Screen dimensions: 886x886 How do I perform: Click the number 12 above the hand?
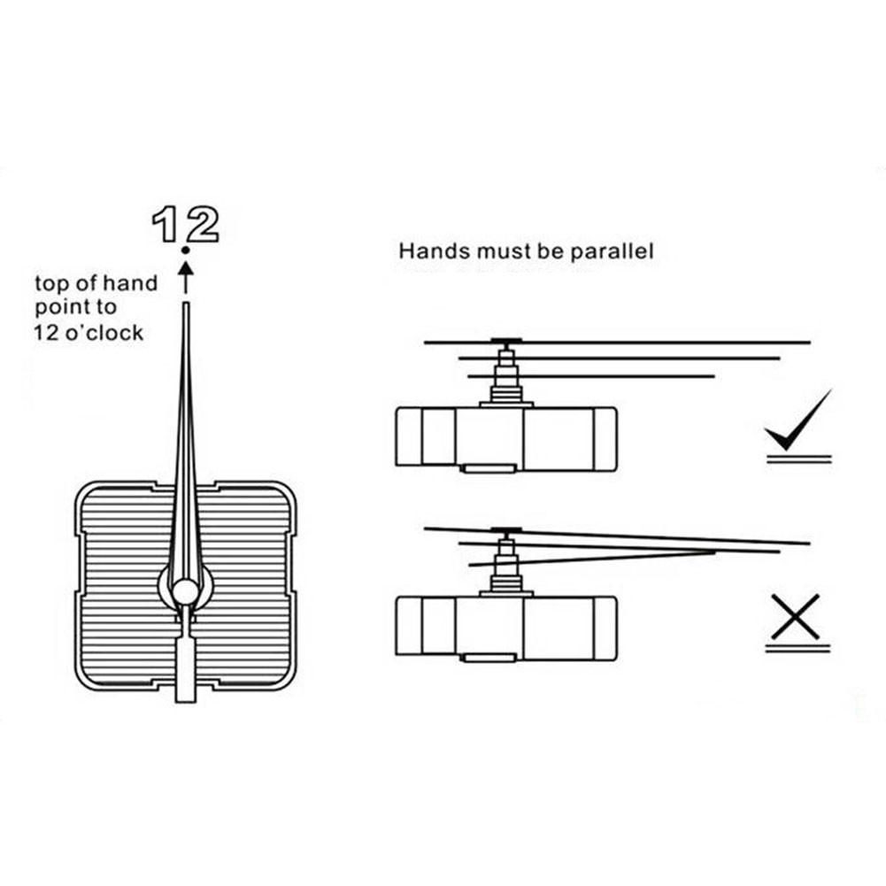185,226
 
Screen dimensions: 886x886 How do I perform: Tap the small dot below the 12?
185,252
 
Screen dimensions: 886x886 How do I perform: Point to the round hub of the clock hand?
186,590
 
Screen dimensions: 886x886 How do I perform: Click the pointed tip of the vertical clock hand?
186,307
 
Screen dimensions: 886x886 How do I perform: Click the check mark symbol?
797,421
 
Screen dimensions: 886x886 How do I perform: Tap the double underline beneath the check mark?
797,458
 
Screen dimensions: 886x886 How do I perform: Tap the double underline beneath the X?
797,649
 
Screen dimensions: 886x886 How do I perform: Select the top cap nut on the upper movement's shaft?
505,342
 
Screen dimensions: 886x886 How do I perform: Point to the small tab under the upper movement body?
489,466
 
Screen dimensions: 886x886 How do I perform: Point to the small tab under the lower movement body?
489,657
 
